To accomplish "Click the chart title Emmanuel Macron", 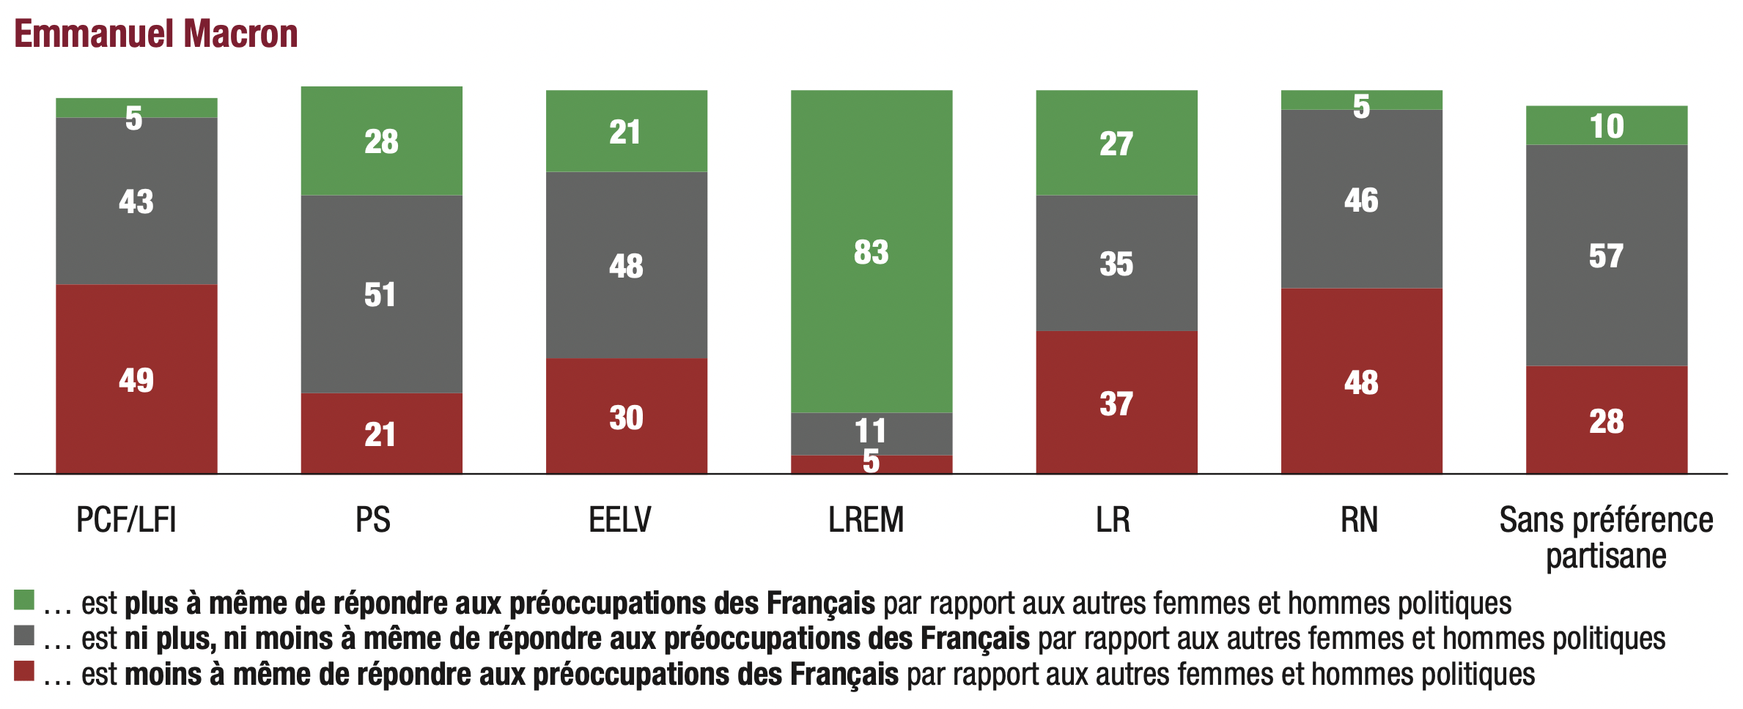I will click(x=155, y=34).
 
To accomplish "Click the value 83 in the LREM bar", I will click(x=871, y=253).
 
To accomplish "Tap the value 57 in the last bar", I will click(x=1606, y=256).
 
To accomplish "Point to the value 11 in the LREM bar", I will click(x=871, y=431).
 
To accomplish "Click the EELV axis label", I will click(x=619, y=520).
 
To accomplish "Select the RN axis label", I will click(x=1359, y=520).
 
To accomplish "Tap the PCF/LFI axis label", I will click(x=126, y=520).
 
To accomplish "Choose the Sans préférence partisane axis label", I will click(x=1606, y=538).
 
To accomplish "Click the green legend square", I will click(x=24, y=600).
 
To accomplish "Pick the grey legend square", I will click(x=24, y=635).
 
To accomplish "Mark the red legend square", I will click(x=24, y=671).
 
